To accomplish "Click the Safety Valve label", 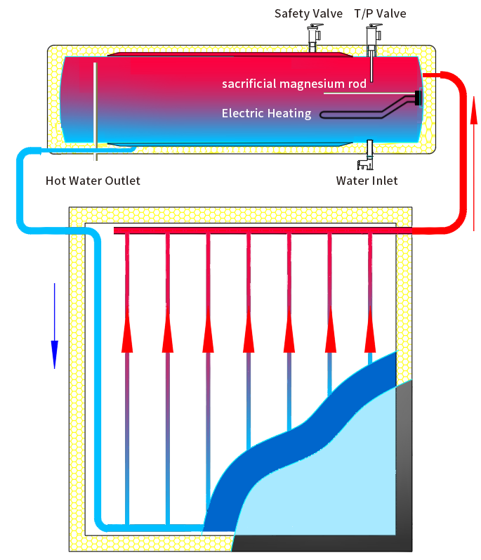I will (x=308, y=13).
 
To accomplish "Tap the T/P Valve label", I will (x=380, y=13).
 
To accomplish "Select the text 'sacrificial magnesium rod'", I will (x=294, y=84).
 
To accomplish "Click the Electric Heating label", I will (x=266, y=113).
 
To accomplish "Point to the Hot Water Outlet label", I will (x=93, y=181).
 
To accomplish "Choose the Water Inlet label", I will (x=367, y=181).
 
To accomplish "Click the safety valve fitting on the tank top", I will (x=314, y=37).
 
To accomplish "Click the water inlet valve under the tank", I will (x=367, y=158).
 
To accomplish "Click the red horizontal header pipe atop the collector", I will (x=260, y=230).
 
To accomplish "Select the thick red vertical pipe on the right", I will (x=461, y=155).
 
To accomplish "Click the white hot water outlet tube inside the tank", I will (x=94, y=105).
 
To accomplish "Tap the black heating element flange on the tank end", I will (x=419, y=98).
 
